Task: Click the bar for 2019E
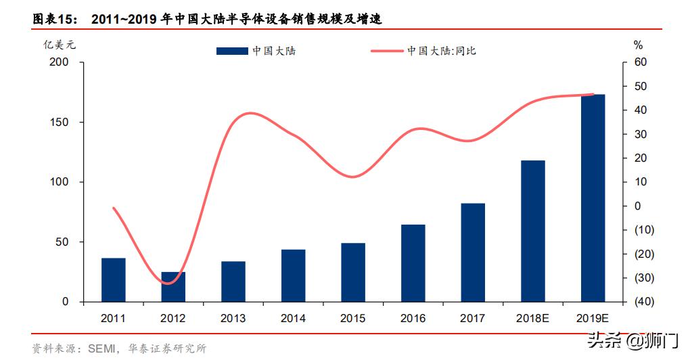pos(593,198)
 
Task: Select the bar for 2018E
pos(533,231)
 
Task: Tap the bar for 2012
pos(173,287)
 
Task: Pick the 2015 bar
pos(353,272)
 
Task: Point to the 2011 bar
pos(114,279)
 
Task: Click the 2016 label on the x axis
pos(413,318)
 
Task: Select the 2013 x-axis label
pos(233,318)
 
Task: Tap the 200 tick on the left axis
pos(60,62)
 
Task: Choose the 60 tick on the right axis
pos(639,62)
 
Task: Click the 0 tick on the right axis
pos(637,206)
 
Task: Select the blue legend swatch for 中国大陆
pos(232,51)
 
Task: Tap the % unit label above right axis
pos(637,45)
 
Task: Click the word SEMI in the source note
pos(101,349)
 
